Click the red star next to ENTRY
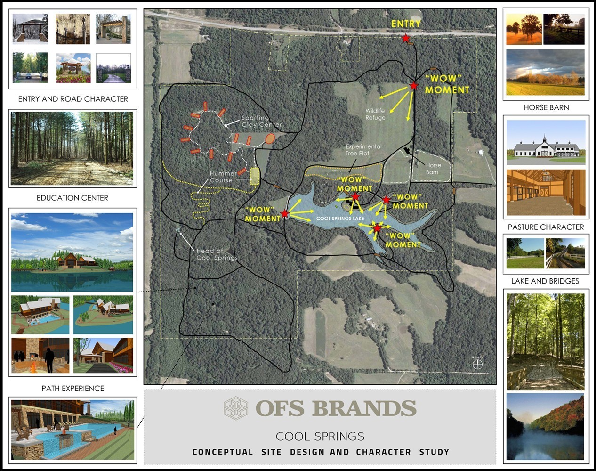(405, 38)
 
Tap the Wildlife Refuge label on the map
(375, 114)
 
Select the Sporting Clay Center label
(261, 122)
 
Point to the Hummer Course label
(223, 177)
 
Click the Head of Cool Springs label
(217, 254)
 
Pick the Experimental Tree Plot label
(363, 150)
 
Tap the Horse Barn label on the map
(433, 169)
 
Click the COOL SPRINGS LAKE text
(340, 219)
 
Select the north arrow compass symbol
(477, 364)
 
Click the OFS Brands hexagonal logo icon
(235, 408)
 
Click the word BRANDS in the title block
(364, 408)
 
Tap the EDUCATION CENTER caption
(72, 198)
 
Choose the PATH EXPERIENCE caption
(73, 388)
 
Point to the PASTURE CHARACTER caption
(546, 227)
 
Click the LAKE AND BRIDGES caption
(545, 281)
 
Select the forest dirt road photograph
(72, 148)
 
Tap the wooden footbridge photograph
(545, 341)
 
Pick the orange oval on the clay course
(270, 138)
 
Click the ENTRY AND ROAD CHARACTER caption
(73, 99)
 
